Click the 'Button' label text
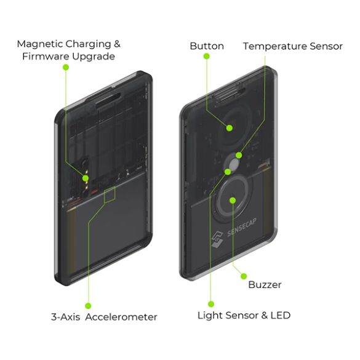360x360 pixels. pos(207,46)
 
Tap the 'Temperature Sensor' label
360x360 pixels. pos(292,46)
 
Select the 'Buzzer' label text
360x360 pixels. pos(265,285)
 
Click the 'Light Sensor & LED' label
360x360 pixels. pos(244,316)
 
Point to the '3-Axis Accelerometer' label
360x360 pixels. pos(104,317)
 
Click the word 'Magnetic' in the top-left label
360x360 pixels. pos(39,44)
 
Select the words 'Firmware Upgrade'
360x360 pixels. pos(68,57)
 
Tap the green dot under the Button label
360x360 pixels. pos(207,56)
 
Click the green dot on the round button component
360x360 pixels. pos(229,127)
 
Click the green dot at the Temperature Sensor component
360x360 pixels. pos(239,156)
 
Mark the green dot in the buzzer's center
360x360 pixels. pos(233,199)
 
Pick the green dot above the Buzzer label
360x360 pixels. pos(244,276)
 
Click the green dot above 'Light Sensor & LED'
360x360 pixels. pos(210,304)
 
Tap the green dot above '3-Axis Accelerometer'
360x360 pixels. pos(88,305)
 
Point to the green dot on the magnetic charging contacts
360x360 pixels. pos(86,178)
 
